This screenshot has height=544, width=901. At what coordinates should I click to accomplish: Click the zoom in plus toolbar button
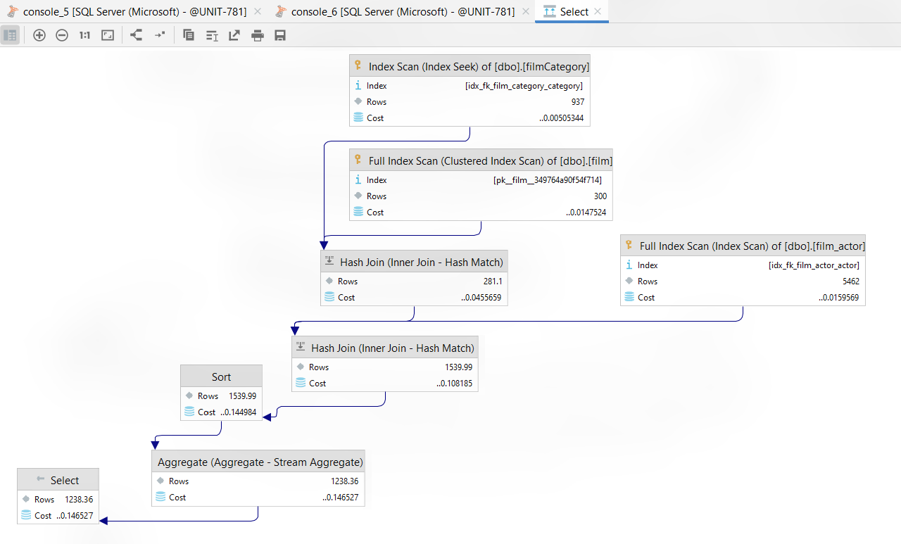39,35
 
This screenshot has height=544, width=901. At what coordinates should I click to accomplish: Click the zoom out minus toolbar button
61,35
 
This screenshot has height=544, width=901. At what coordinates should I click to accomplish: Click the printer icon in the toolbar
258,35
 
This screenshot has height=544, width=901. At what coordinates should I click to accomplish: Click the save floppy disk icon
280,35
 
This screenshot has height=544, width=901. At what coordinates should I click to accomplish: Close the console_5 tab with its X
258,12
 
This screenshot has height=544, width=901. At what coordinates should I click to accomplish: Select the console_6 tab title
403,12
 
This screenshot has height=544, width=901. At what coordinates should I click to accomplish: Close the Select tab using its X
598,11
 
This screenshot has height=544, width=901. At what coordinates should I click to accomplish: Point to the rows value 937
578,102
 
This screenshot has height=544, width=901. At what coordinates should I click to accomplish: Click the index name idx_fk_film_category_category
524,86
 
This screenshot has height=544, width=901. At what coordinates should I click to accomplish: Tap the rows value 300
600,196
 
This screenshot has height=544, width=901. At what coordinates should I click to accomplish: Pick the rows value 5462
851,282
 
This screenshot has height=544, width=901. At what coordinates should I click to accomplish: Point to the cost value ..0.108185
454,383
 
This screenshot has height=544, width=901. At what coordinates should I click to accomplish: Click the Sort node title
221,377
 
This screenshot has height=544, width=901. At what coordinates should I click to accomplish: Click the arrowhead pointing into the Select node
103,521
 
